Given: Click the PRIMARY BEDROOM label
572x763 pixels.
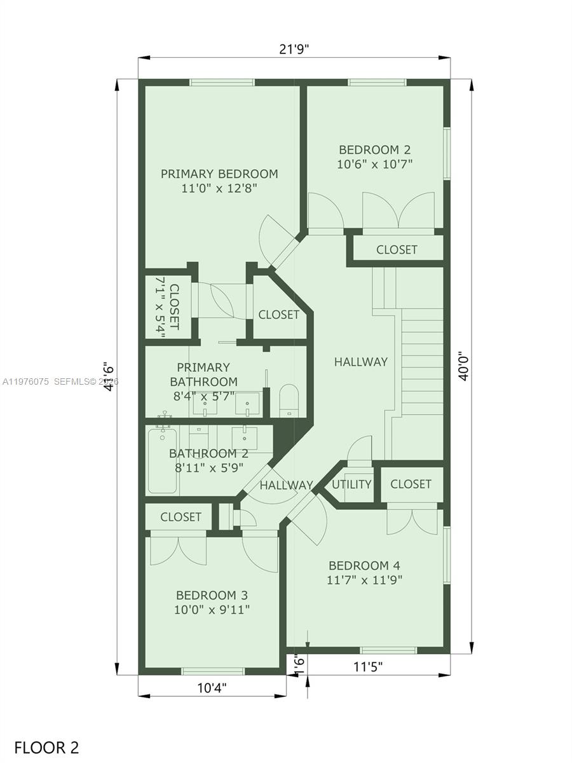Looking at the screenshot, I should [219, 174].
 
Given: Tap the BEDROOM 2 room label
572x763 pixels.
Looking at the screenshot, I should [375, 150].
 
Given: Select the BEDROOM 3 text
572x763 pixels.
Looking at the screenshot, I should [212, 595].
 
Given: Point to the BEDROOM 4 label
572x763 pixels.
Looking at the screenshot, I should [364, 565].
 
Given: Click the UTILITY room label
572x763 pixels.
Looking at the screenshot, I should [351, 484].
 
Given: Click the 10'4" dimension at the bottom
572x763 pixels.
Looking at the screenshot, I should [212, 687].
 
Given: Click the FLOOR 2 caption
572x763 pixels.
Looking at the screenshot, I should [46, 747].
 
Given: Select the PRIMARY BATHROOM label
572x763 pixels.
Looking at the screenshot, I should [203, 375].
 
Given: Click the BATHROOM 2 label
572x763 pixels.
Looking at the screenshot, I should [208, 453].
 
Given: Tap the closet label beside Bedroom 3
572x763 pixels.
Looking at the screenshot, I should [180, 517].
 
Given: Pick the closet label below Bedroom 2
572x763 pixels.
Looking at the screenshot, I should [397, 249].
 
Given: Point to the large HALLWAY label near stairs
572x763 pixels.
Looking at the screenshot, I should [360, 361].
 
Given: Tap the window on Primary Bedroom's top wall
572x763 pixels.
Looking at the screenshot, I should [222, 82].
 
